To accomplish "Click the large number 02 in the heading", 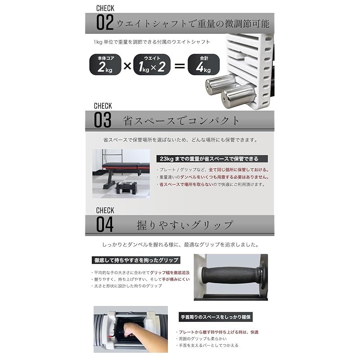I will pyautogui.click(x=104, y=22).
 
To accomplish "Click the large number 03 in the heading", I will pyautogui.click(x=103, y=121).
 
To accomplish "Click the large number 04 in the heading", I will pyautogui.click(x=104, y=224).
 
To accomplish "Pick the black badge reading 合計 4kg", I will pyautogui.click(x=203, y=64).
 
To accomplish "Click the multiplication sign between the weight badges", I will pyautogui.click(x=127, y=66).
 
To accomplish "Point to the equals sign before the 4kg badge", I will pyautogui.click(x=179, y=66).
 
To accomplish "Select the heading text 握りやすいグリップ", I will pyautogui.click(x=185, y=225).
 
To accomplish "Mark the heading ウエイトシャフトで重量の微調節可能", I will pyautogui.click(x=193, y=23).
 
